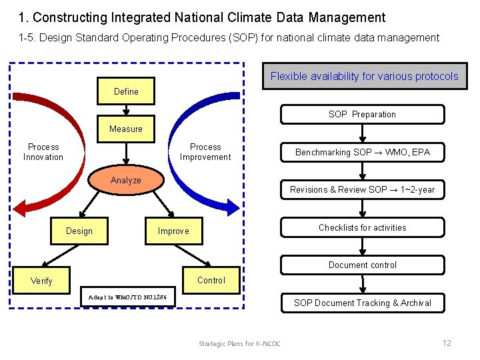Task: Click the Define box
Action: click(x=126, y=91)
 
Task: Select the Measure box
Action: click(x=126, y=129)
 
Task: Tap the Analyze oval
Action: click(x=126, y=180)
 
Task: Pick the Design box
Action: click(x=79, y=231)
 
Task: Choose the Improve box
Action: click(x=173, y=231)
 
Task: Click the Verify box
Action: click(x=41, y=281)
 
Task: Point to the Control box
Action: click(x=211, y=280)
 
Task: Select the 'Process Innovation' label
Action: click(x=43, y=152)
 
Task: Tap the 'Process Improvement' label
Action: click(x=205, y=152)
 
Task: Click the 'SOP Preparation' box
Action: click(x=362, y=114)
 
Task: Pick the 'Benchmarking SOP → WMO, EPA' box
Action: click(x=362, y=152)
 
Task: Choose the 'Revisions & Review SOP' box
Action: click(x=362, y=189)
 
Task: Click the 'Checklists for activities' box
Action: click(x=362, y=227)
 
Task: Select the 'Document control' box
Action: click(x=362, y=265)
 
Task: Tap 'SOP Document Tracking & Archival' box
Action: click(x=362, y=303)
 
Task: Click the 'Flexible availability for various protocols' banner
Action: click(x=364, y=76)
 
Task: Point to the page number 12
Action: click(x=447, y=343)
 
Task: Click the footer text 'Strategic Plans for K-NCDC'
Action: click(x=239, y=343)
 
